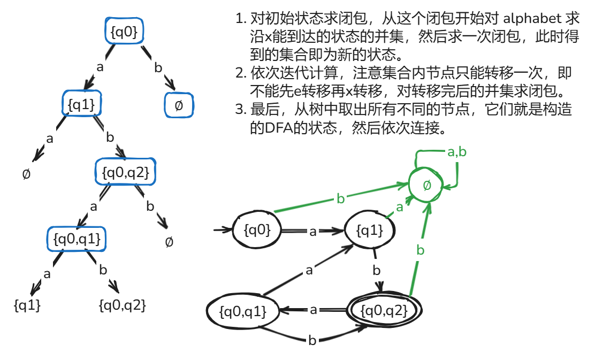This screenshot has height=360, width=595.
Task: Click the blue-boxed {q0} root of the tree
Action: (124, 33)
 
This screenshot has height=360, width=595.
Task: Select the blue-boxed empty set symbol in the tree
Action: (179, 105)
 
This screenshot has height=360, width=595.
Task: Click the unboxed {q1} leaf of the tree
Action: (27, 305)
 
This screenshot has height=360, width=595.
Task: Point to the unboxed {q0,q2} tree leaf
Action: (123, 305)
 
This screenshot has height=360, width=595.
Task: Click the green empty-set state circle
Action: (427, 186)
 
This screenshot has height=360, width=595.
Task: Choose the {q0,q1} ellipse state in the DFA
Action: (244, 311)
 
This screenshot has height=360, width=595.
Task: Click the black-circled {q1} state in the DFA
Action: (370, 231)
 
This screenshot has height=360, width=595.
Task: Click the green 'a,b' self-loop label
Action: (456, 152)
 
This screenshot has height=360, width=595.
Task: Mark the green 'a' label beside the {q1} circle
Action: (399, 207)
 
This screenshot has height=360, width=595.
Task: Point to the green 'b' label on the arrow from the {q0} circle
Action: (341, 199)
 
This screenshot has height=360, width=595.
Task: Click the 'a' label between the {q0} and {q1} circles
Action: (313, 231)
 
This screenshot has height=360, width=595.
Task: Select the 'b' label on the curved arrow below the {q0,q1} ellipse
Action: (312, 341)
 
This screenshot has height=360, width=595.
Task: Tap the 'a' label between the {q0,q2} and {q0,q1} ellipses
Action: (314, 310)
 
